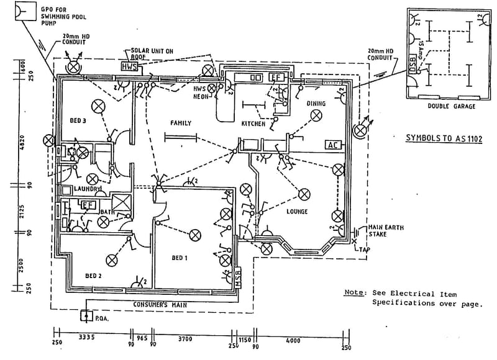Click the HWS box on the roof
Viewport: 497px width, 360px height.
[130, 66]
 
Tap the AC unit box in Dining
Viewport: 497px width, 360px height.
[333, 145]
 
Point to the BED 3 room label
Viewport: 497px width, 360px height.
[78, 120]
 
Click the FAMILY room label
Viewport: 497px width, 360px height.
[180, 123]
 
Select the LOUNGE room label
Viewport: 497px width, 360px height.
[296, 212]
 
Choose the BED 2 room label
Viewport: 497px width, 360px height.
[94, 276]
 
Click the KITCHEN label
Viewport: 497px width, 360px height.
[253, 124]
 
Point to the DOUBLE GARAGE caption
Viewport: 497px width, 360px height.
[451, 107]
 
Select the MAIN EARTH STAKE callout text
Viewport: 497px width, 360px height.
[386, 232]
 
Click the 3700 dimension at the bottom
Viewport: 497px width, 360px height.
[185, 339]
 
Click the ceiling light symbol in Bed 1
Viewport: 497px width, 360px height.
[195, 235]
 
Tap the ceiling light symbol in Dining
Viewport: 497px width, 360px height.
[317, 114]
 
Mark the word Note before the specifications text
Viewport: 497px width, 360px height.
[353, 292]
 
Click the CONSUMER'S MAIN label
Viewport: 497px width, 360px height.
[160, 305]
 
